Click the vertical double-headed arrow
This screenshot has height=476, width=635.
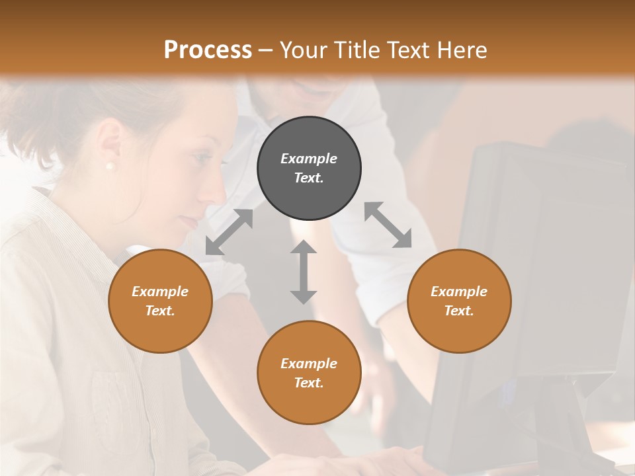tap(303, 272)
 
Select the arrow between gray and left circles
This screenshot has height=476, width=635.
tap(229, 232)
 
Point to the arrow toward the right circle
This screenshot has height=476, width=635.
tap(388, 225)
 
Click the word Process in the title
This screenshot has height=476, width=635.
tap(208, 50)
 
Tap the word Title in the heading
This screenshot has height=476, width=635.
tap(356, 50)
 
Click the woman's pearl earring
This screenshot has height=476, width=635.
tap(110, 165)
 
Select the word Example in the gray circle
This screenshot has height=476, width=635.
tap(309, 159)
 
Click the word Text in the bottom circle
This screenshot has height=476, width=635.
tap(309, 383)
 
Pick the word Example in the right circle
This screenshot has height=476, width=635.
tap(459, 292)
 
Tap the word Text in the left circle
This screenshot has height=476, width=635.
tap(160, 311)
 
